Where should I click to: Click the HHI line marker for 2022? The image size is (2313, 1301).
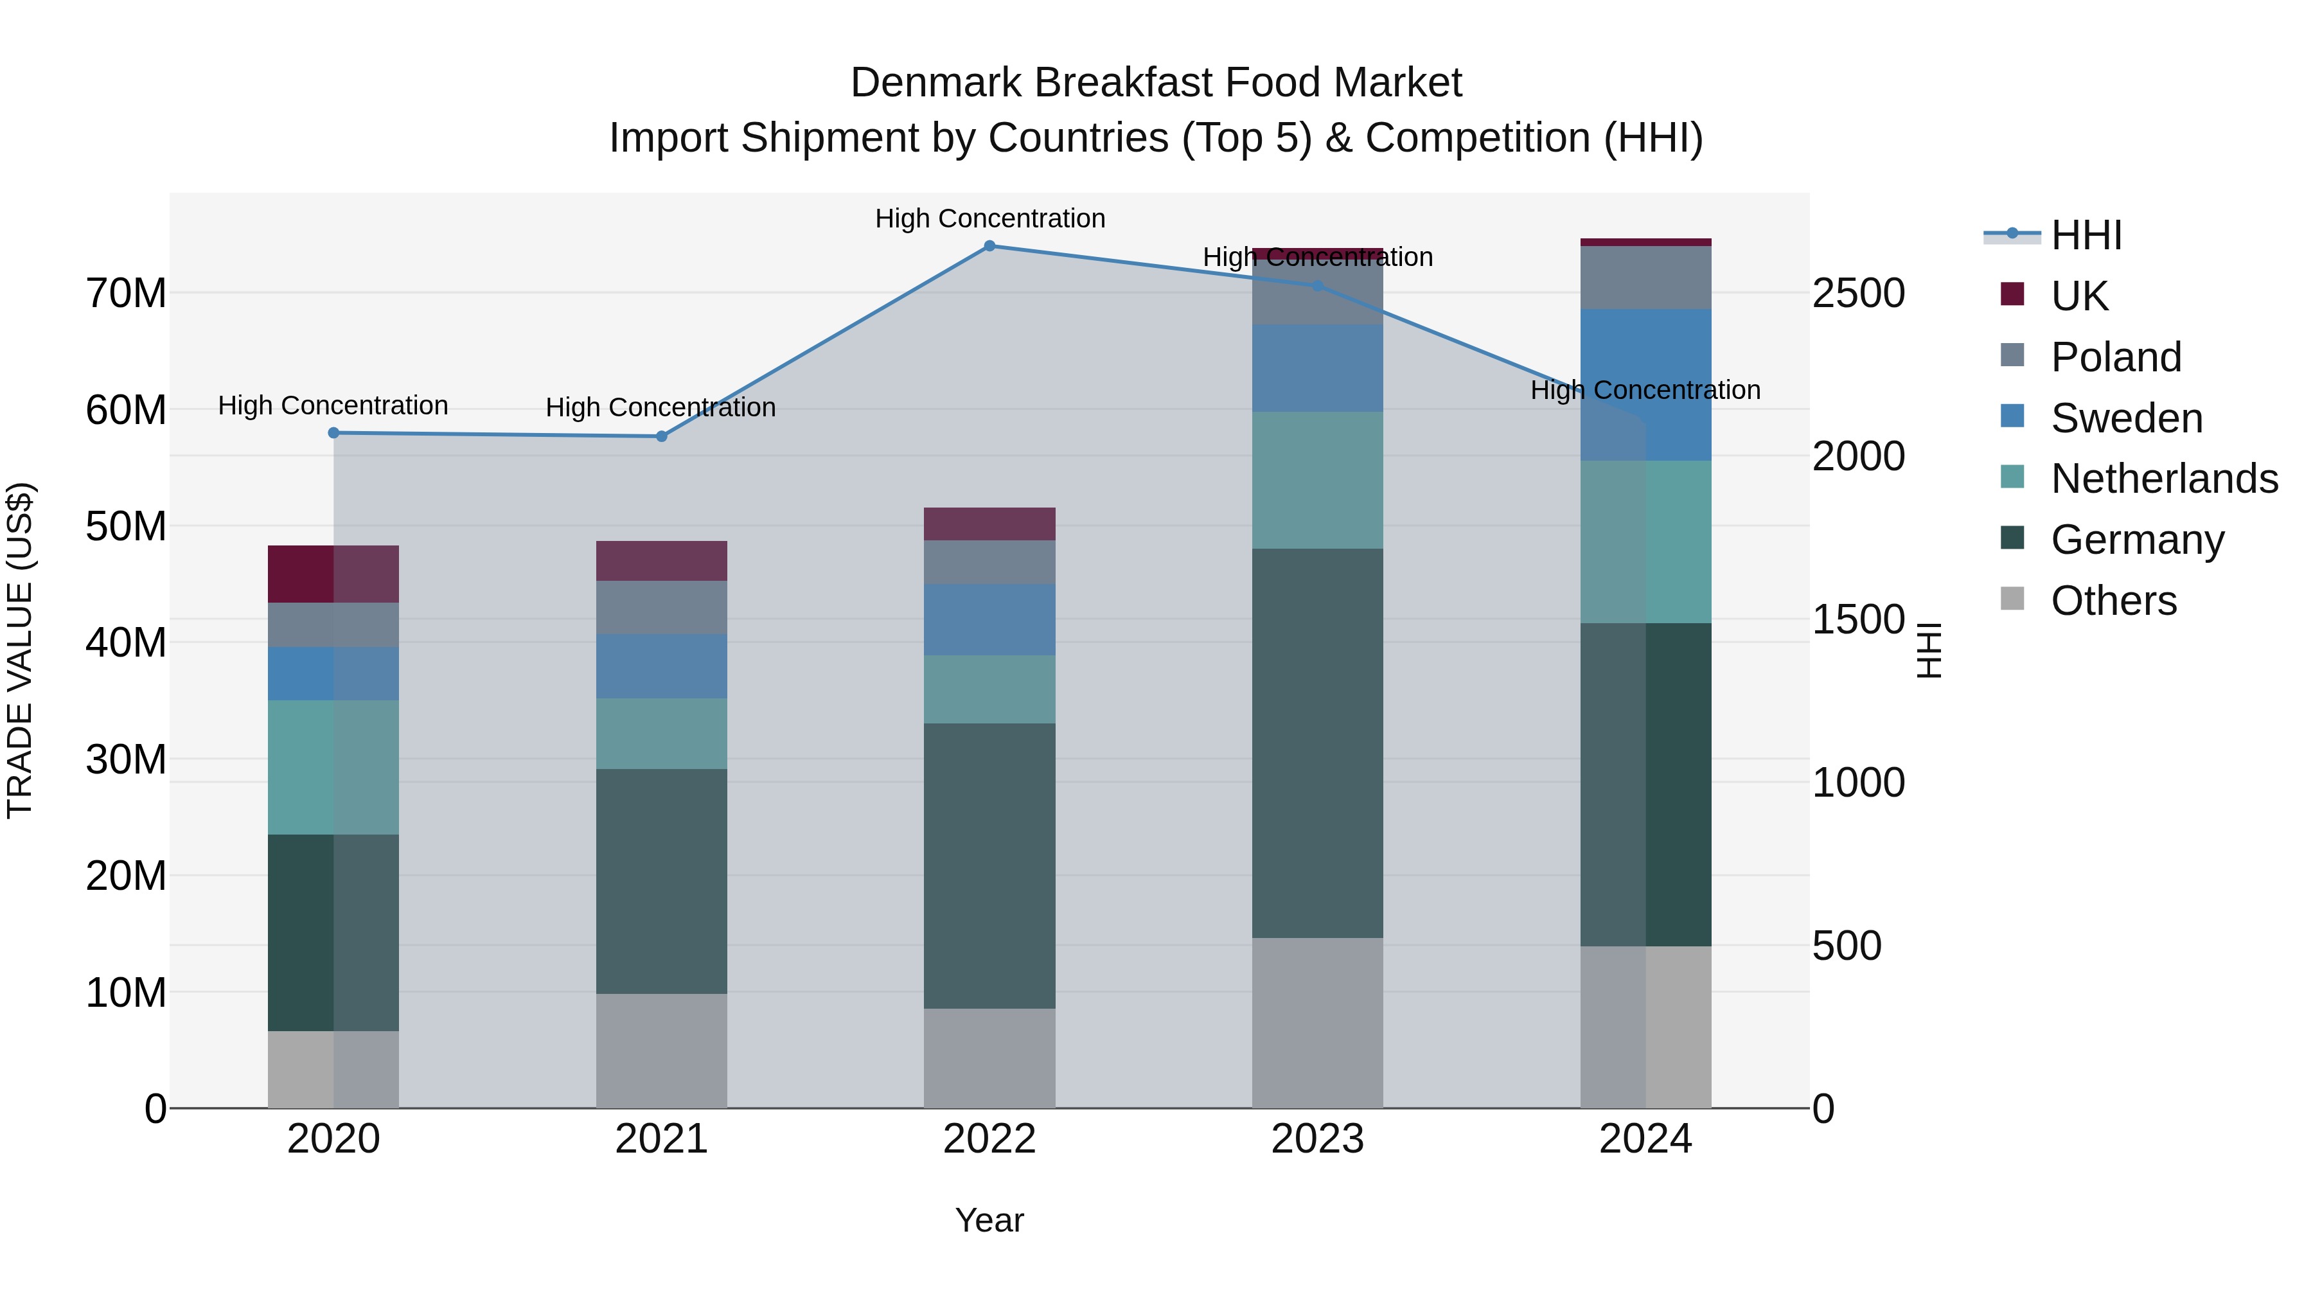pyautogui.click(x=989, y=245)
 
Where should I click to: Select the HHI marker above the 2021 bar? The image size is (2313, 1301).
pyautogui.click(x=662, y=436)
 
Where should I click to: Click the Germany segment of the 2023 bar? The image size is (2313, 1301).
pyautogui.click(x=1317, y=743)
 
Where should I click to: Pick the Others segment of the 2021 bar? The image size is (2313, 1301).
pyautogui.click(x=662, y=1050)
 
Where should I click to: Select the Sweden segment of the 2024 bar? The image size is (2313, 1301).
pyautogui.click(x=1646, y=385)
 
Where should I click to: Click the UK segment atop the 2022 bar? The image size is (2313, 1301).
pyautogui.click(x=989, y=524)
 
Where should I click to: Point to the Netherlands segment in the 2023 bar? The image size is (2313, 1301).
pyautogui.click(x=1317, y=481)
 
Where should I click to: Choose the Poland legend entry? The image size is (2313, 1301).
pyautogui.click(x=2116, y=357)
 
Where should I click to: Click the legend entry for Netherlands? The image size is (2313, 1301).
pyautogui.click(x=2164, y=479)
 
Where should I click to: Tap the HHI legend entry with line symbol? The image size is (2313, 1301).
pyautogui.click(x=2085, y=235)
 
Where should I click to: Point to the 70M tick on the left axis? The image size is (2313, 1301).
pyautogui.click(x=126, y=294)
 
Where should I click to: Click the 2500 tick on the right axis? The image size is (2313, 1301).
pyautogui.click(x=1857, y=294)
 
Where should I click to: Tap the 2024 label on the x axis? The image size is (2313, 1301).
pyautogui.click(x=1646, y=1139)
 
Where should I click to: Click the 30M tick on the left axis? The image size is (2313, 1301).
pyautogui.click(x=126, y=759)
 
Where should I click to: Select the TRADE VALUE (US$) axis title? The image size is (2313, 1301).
pyautogui.click(x=20, y=650)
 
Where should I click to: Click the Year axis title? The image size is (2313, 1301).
pyautogui.click(x=989, y=1220)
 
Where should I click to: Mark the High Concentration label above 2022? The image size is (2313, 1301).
pyautogui.click(x=989, y=218)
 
